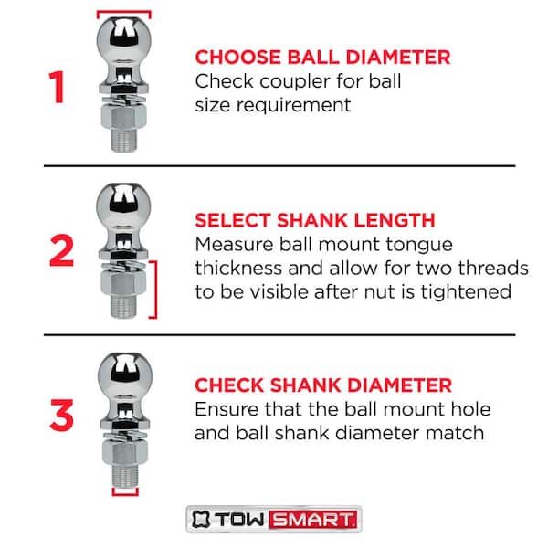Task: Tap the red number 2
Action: (x=61, y=249)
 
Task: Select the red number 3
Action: (x=61, y=413)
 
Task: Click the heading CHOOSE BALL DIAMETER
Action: (x=322, y=58)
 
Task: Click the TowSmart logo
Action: (x=274, y=521)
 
